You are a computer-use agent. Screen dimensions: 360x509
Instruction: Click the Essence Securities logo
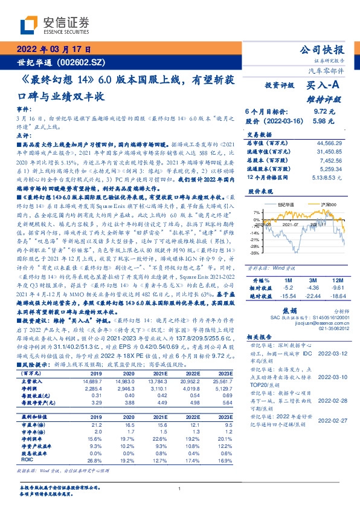[55, 25]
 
